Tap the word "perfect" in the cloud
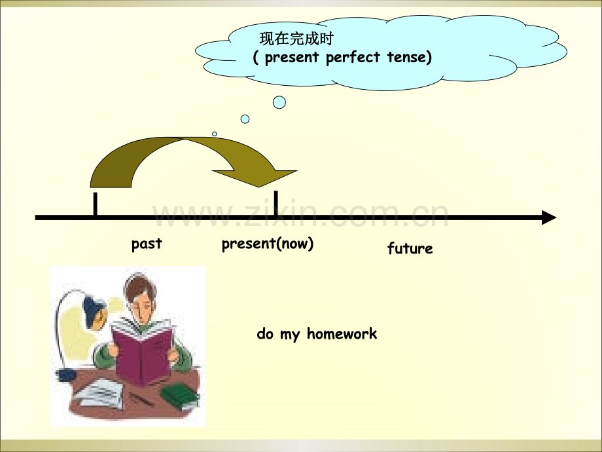tap(353, 58)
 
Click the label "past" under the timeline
tap(147, 244)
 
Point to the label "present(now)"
tap(268, 244)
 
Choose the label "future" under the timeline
tap(410, 249)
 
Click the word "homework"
tap(342, 334)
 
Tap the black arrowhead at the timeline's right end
tap(548, 217)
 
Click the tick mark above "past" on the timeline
tap(96, 204)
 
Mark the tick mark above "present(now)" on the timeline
tap(276, 202)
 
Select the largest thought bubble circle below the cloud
tap(279, 102)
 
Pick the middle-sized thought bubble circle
tap(245, 119)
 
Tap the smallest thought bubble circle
tap(214, 134)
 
